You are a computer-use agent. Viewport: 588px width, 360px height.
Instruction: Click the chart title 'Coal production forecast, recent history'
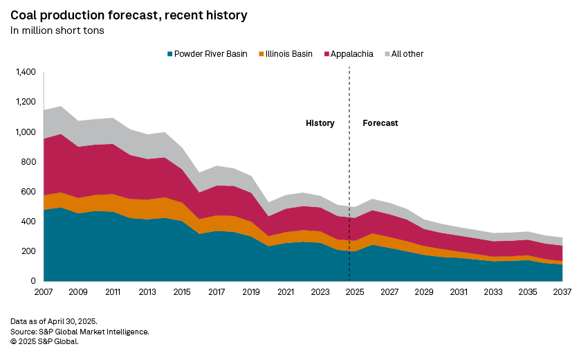pyautogui.click(x=129, y=15)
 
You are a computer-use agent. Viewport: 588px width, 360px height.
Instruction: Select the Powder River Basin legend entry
pyautogui.click(x=206, y=54)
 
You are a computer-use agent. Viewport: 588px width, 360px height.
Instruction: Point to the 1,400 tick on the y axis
pyautogui.click(x=24, y=72)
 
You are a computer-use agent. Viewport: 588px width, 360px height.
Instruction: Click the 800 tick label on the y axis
pyautogui.click(x=28, y=162)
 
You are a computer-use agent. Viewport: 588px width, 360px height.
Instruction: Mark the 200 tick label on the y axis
pyautogui.click(x=28, y=251)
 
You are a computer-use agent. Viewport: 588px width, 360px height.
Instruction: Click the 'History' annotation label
pyautogui.click(x=320, y=123)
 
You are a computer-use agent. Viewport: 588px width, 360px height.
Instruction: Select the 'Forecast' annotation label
pyautogui.click(x=380, y=123)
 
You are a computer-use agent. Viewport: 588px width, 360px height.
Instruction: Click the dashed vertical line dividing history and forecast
pyautogui.click(x=349, y=173)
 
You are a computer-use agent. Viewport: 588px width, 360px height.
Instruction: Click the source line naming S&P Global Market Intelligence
pyautogui.click(x=80, y=332)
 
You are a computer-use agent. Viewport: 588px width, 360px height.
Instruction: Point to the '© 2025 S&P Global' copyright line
pyautogui.click(x=44, y=341)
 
